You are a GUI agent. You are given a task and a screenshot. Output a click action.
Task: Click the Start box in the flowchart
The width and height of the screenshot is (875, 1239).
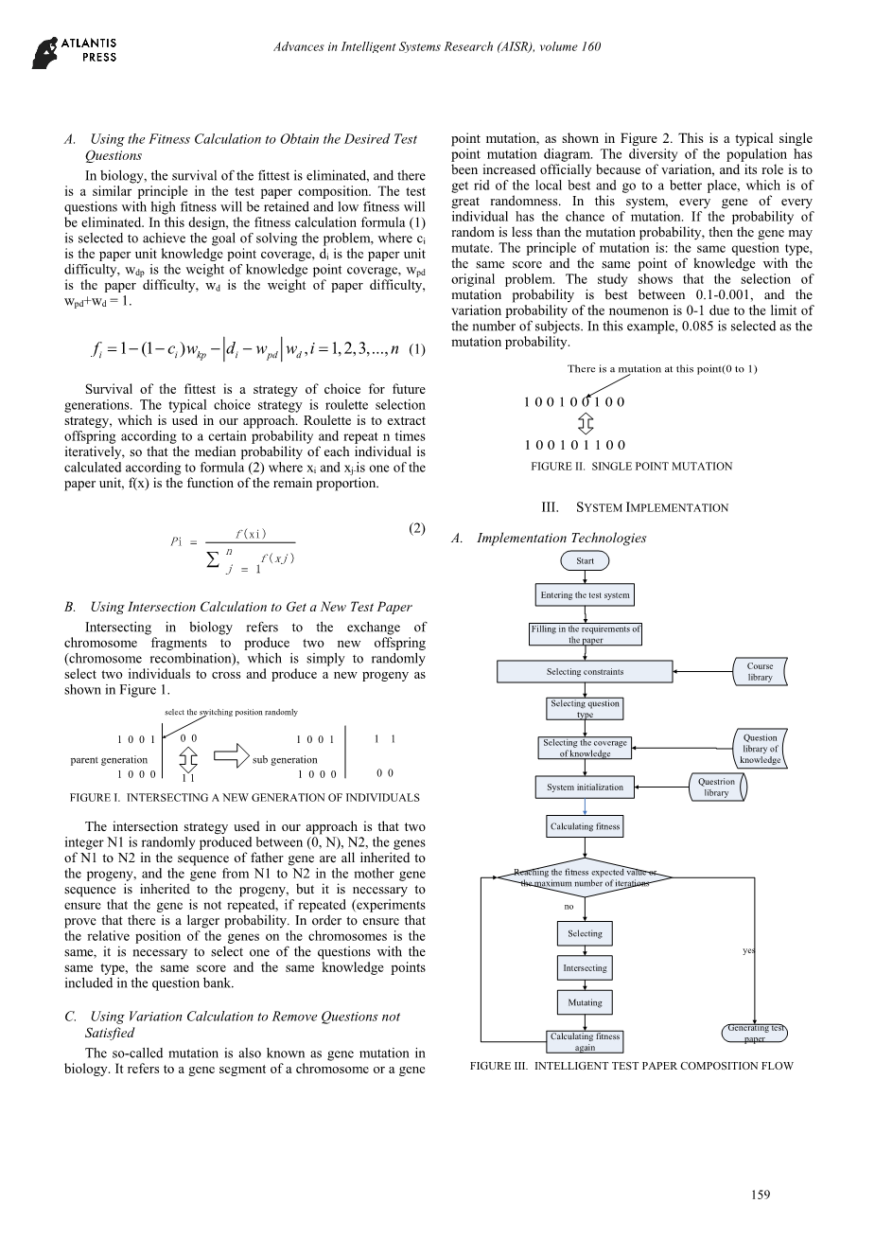click(585, 561)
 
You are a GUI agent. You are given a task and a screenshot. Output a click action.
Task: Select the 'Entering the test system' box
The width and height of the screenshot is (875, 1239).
click(585, 595)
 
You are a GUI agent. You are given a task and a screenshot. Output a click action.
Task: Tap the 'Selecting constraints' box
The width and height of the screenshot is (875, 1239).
click(585, 672)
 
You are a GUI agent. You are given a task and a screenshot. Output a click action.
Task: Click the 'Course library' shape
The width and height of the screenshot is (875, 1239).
click(760, 672)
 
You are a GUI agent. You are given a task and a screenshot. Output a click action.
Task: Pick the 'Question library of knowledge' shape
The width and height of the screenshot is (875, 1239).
click(760, 749)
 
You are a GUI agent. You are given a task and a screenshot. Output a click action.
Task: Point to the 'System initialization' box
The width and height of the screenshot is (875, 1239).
click(585, 788)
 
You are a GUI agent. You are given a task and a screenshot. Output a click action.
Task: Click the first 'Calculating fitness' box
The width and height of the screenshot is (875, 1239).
click(585, 827)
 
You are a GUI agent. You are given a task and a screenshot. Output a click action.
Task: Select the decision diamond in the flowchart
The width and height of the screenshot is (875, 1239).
click(585, 877)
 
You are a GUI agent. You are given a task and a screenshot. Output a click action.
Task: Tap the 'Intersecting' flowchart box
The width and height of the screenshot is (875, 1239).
click(585, 968)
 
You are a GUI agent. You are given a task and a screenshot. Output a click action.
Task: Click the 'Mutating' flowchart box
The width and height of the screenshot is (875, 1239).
click(585, 1002)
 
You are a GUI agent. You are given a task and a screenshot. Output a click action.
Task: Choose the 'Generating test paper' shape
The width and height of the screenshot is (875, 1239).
click(755, 1034)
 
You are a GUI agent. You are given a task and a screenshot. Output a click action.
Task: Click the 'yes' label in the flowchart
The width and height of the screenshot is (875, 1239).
click(748, 950)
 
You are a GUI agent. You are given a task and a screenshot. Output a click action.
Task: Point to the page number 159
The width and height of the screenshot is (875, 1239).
click(761, 1195)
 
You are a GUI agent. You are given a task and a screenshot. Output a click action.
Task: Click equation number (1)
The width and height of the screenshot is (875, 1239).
click(417, 350)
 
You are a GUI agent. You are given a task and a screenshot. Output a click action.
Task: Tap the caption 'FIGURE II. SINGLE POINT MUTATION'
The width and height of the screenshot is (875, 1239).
click(631, 467)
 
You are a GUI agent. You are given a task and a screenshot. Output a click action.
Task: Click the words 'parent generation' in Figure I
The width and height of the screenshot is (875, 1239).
click(109, 760)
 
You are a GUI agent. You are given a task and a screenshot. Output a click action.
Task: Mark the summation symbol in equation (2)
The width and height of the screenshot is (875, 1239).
click(214, 560)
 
